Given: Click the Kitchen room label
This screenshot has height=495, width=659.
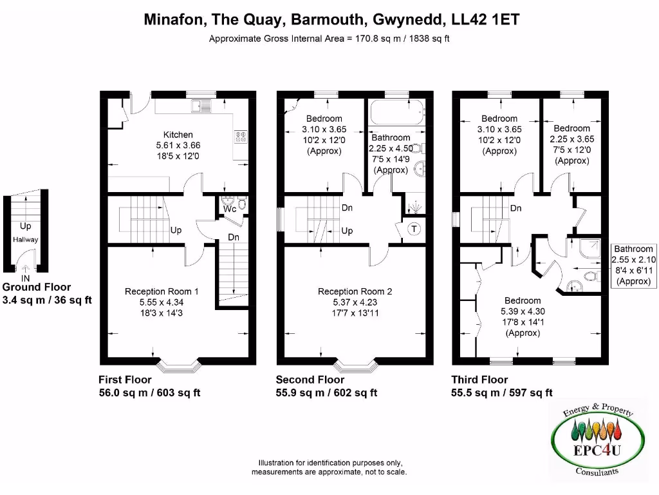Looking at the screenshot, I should click(178, 135).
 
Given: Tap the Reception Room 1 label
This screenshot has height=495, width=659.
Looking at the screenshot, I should click(162, 291).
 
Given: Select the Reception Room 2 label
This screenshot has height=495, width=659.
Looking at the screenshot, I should click(355, 291).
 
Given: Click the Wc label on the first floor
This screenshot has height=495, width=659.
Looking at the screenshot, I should click(229, 209).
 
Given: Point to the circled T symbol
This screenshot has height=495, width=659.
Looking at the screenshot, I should click(413, 229).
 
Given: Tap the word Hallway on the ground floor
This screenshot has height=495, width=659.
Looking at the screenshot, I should click(26, 240).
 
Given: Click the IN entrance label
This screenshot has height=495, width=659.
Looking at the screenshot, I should click(26, 278).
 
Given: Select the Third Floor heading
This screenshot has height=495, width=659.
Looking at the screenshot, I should click(479, 380).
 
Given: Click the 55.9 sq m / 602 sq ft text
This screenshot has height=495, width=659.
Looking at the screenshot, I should click(326, 393).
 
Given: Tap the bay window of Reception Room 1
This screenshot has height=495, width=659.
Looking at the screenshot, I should click(180, 366).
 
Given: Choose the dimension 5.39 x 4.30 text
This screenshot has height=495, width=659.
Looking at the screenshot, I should click(522, 311).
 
